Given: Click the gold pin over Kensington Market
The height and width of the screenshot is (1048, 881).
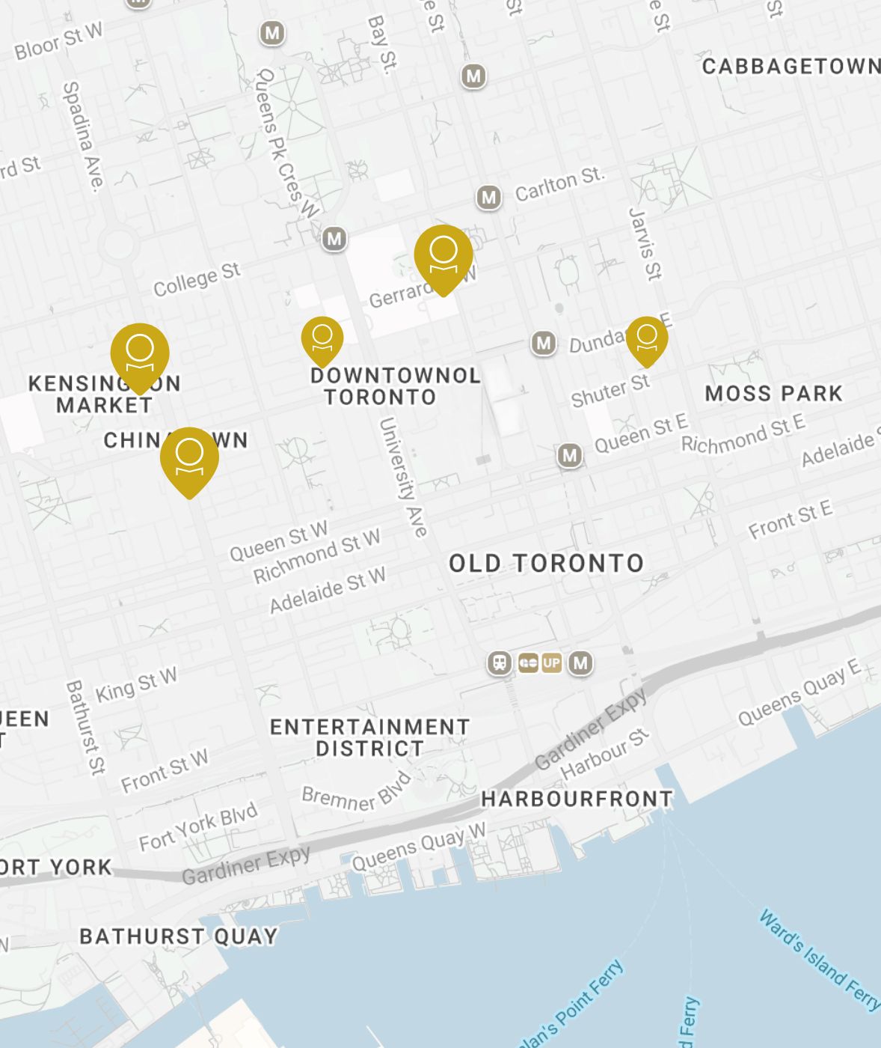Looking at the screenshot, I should (x=140, y=353).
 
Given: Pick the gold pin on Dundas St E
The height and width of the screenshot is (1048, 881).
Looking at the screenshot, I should (x=647, y=338).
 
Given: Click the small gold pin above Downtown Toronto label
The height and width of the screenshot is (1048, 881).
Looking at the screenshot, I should (x=322, y=338).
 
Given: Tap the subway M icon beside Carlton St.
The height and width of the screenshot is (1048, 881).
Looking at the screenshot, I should (x=489, y=198).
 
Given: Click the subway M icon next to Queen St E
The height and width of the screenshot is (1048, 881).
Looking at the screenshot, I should (x=570, y=454).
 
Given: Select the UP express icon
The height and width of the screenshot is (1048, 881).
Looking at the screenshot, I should (x=551, y=662).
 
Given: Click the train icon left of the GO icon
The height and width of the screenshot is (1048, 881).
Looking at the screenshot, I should (x=500, y=662).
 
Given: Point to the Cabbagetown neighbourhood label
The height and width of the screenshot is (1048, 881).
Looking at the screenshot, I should (x=791, y=67).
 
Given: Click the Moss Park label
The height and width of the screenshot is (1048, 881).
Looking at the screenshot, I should (x=773, y=393).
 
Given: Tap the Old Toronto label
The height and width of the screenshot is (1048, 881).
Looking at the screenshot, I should (x=546, y=563).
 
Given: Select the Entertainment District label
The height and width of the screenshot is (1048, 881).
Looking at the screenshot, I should (x=370, y=737).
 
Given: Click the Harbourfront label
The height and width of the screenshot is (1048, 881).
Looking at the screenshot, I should (x=577, y=799).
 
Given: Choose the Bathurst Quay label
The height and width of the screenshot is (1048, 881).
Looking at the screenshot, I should (x=179, y=936).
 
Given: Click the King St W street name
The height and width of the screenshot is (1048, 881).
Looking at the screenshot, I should (x=136, y=684).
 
